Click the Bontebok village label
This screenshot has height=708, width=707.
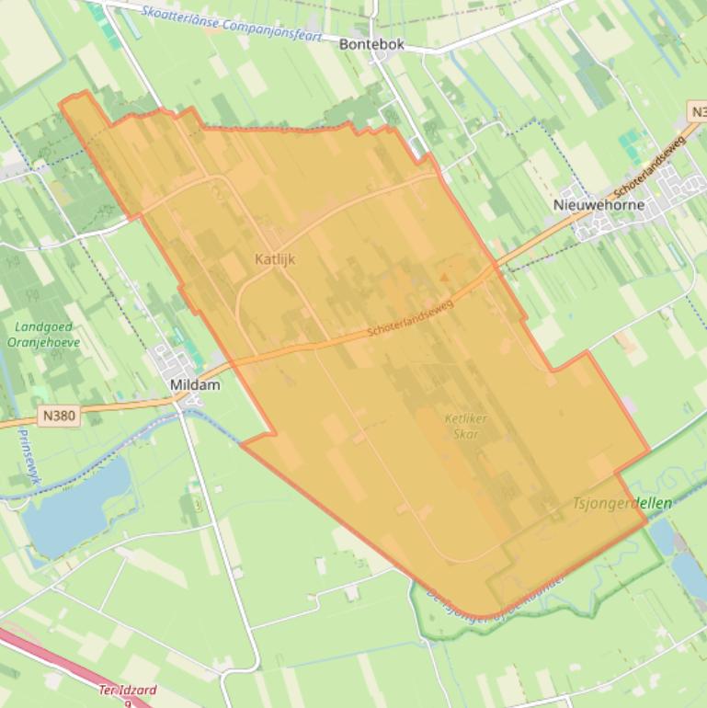point(371,44)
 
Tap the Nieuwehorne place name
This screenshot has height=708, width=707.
point(599,205)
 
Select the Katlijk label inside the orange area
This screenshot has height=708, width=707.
point(275,259)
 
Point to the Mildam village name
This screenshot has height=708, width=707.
point(195,385)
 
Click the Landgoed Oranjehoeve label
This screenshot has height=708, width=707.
point(48,335)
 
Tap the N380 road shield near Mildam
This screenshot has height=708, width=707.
point(60,417)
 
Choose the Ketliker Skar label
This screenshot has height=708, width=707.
point(465,426)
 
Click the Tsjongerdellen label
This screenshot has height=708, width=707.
point(622,503)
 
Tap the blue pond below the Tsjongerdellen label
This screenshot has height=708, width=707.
point(661,537)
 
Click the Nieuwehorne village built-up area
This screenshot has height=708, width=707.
point(625,221)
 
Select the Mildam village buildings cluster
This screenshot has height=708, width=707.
point(175,360)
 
